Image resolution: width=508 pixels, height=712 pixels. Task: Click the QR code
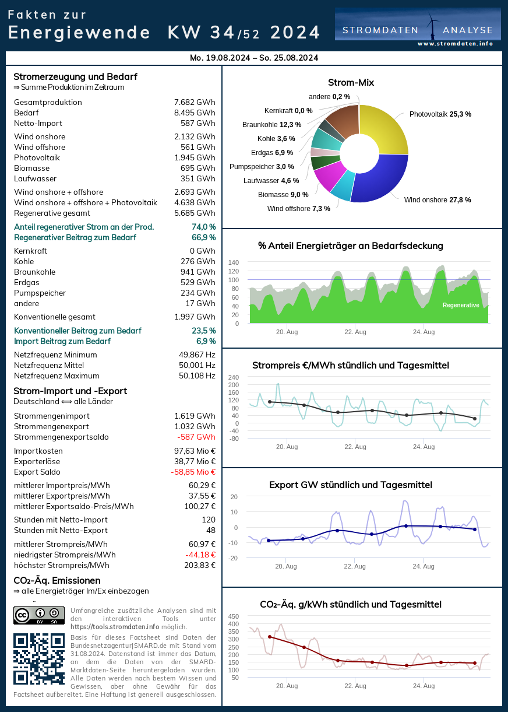point(38,659)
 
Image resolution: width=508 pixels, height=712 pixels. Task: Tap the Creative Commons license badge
point(38,615)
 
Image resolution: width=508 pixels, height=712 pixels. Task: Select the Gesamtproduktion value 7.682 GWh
point(195,103)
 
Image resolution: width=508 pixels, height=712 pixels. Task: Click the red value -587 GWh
point(196,437)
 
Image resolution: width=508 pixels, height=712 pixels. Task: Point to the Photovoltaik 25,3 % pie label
point(440,114)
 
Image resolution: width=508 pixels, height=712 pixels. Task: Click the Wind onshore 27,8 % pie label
point(438,200)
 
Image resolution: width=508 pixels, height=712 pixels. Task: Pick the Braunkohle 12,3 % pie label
point(271,125)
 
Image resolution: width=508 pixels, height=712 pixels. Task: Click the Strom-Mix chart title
point(351,83)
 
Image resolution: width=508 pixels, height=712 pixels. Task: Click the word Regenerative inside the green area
point(461,306)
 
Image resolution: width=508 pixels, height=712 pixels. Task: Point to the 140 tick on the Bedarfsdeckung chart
point(234,262)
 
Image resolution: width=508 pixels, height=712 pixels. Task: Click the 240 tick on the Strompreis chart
point(234,377)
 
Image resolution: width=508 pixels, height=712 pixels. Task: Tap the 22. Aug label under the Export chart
point(355,566)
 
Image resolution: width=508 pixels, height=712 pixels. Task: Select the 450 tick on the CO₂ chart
point(233,616)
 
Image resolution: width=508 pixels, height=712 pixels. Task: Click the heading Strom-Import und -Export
point(70,391)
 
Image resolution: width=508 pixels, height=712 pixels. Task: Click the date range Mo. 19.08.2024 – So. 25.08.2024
point(254,58)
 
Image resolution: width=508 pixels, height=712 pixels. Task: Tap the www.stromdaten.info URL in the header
point(455,44)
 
